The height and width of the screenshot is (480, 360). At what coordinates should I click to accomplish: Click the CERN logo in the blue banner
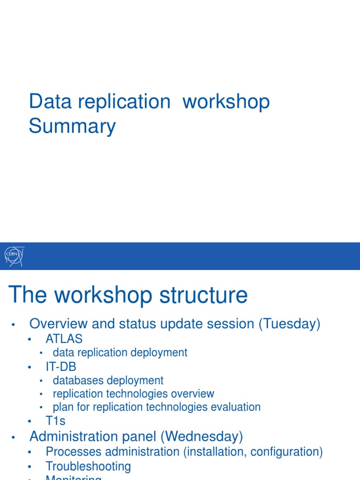coord(14,255)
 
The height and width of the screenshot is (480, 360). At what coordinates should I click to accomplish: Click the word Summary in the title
coord(72,127)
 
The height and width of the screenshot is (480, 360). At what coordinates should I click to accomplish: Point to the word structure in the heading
coord(203,295)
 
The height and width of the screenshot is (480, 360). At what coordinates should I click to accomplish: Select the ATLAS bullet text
coord(64,338)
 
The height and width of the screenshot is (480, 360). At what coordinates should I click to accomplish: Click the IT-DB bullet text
coord(61,367)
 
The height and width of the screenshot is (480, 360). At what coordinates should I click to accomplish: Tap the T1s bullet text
coord(56,421)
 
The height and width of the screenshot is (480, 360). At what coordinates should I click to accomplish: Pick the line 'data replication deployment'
coord(120,352)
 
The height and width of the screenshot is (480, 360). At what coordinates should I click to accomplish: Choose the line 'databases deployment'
coord(108,381)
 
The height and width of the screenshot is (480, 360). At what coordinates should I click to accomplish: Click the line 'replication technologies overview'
coord(134,394)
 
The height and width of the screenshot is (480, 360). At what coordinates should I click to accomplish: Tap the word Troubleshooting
coord(88,466)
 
